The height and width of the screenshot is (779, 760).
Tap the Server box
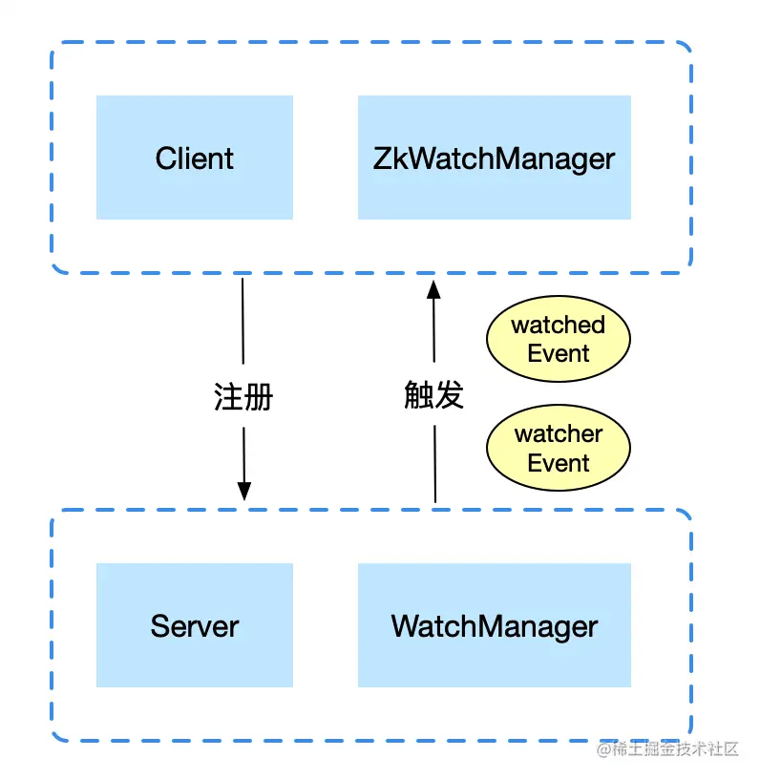click(194, 659)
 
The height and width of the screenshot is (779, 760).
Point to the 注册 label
click(243, 396)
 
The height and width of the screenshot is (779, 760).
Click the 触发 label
click(434, 394)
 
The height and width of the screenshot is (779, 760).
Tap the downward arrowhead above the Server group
click(243, 491)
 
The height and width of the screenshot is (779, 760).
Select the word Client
click(194, 158)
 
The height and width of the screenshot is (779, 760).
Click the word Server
click(194, 626)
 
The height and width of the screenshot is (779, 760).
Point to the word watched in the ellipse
click(559, 326)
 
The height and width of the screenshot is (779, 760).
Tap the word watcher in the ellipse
click(559, 434)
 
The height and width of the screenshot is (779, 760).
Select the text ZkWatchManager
click(494, 158)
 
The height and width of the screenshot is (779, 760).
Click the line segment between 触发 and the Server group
click(435, 463)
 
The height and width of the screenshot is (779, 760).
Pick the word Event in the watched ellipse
click(559, 354)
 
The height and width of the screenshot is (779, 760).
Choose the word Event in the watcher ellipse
click(559, 463)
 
